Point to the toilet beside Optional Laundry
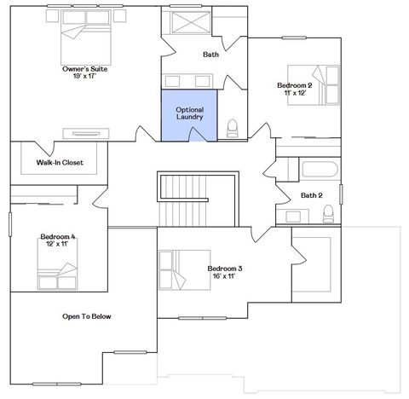coord(232,129)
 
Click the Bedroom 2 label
coord(294,85)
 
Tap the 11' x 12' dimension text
coord(294,93)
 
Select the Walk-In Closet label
coord(60,162)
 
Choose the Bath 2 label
coord(312,195)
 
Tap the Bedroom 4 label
coord(57,236)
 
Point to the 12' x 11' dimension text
coord(57,244)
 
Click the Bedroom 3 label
coord(225,269)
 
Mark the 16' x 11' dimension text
coord(225,276)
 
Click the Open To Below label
coord(87,316)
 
